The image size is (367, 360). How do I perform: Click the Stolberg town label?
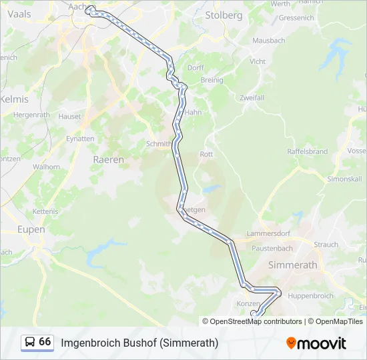coord(224,15)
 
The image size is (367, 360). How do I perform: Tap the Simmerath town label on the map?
coord(292,265)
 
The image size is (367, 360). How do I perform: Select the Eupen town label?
coord(31,229)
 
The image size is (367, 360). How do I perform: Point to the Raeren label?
coord(108,160)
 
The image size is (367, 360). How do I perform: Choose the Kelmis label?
coord(15,99)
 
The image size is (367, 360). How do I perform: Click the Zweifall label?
coord(252,97)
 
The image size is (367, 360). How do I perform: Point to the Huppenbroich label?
coord(311,295)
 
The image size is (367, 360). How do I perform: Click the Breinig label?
coord(212,80)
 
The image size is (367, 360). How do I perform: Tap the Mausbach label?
coord(268,41)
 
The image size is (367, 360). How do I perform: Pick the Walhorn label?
coord(46,167)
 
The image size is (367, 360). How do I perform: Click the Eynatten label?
coord(80,139)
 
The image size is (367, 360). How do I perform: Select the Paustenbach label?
coord(272,248)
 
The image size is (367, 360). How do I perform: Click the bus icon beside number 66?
coord(30,342)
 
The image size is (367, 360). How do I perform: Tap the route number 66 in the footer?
coord(45,342)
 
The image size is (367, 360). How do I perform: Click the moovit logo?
coord(316,343)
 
